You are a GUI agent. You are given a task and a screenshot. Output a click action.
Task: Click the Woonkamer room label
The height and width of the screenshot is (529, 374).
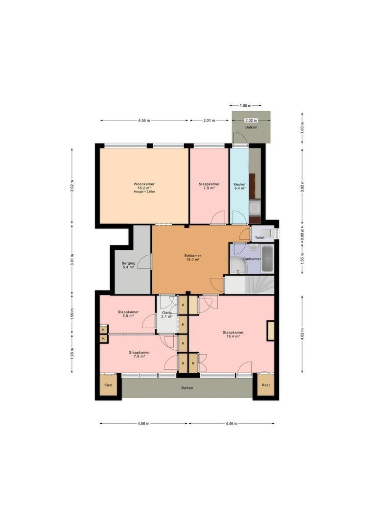click(144, 184)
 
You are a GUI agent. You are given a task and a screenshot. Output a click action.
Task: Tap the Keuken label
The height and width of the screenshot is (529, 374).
click(240, 184)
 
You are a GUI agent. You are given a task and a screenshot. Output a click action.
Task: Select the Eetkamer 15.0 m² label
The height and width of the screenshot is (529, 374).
click(192, 258)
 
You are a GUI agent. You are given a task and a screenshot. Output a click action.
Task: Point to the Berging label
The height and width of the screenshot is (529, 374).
click(128, 263)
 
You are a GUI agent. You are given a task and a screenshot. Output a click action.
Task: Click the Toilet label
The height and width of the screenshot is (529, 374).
click(259, 238)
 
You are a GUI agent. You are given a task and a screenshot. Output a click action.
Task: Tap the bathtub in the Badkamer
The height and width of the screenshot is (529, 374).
click(267, 259)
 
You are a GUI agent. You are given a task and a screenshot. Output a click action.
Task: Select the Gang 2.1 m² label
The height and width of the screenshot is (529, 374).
click(167, 314)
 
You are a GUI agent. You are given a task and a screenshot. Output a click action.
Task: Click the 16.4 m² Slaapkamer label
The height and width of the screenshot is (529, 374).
click(233, 334)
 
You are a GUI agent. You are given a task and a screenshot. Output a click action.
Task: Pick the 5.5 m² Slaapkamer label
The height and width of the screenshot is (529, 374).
click(128, 314)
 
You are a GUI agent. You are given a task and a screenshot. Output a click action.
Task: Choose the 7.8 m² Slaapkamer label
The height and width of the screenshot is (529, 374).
click(140, 354)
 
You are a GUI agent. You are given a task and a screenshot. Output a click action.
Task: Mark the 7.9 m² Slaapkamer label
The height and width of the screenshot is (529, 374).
click(209, 186)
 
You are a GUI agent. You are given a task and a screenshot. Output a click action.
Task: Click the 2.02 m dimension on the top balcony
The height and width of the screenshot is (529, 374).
click(251, 120)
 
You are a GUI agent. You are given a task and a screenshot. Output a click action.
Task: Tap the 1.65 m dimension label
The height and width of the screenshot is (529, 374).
click(246, 106)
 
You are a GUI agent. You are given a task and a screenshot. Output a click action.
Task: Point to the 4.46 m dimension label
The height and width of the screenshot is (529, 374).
click(232, 423)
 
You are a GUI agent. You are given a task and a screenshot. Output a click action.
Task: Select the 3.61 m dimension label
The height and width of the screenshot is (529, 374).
click(72, 259)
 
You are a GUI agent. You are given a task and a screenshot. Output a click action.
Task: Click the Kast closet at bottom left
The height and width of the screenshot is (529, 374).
click(108, 385)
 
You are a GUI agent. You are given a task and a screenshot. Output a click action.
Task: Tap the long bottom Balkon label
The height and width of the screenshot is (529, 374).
click(187, 388)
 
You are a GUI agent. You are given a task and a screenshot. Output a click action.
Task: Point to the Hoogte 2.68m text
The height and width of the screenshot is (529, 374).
click(144, 192)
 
